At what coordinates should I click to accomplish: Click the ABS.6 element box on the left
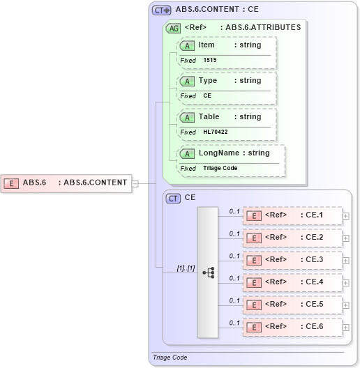66,183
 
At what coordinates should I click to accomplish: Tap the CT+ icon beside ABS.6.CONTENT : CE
162,10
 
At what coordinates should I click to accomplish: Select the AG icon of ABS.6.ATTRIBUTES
172,29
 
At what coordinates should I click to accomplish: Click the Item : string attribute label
230,45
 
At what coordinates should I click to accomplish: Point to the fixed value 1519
210,61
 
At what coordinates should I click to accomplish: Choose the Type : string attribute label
230,81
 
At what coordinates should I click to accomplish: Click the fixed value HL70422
216,132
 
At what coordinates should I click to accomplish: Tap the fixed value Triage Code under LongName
221,168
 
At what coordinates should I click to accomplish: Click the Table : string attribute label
230,116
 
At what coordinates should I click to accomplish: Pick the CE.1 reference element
292,215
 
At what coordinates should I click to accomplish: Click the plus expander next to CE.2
346,238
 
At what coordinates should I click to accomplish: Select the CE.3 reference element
292,260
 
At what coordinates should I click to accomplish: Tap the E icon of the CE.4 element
255,282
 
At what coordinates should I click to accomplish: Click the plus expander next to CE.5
346,305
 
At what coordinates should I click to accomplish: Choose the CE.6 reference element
292,327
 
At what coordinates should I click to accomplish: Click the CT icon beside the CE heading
173,199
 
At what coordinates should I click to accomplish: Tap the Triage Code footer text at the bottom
170,358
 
